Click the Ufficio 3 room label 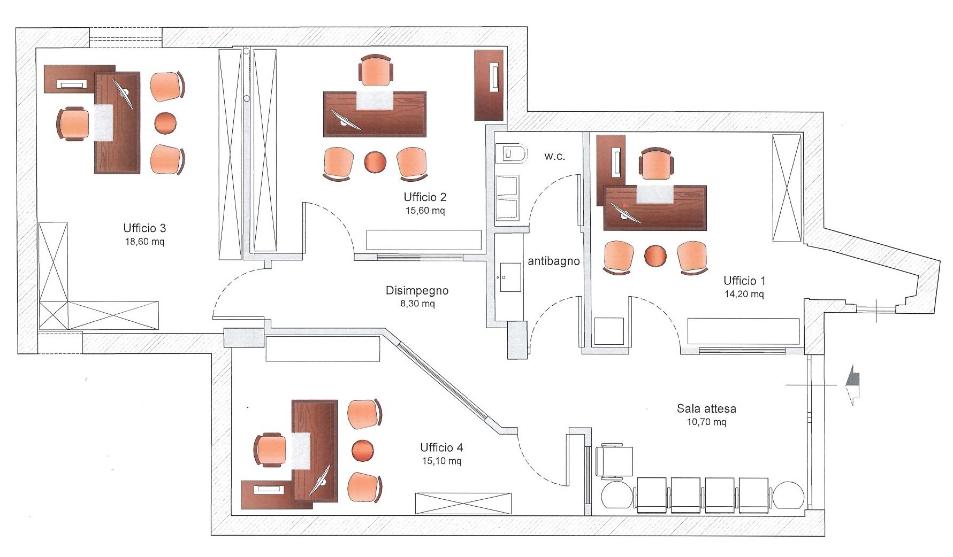pyautogui.click(x=144, y=228)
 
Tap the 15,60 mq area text pyautogui.click(x=425, y=210)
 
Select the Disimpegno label pyautogui.click(x=417, y=291)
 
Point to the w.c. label pyautogui.click(x=554, y=157)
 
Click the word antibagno pyautogui.click(x=554, y=261)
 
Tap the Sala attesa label pyautogui.click(x=706, y=409)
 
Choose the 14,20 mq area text pyautogui.click(x=744, y=294)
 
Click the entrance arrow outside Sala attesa pyautogui.click(x=851, y=385)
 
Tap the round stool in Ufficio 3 pyautogui.click(x=165, y=123)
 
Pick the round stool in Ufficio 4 pyautogui.click(x=363, y=450)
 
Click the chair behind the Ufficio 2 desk pyautogui.click(x=377, y=71)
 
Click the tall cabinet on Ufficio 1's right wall pyautogui.click(x=787, y=188)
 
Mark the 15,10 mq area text pyautogui.click(x=441, y=461)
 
